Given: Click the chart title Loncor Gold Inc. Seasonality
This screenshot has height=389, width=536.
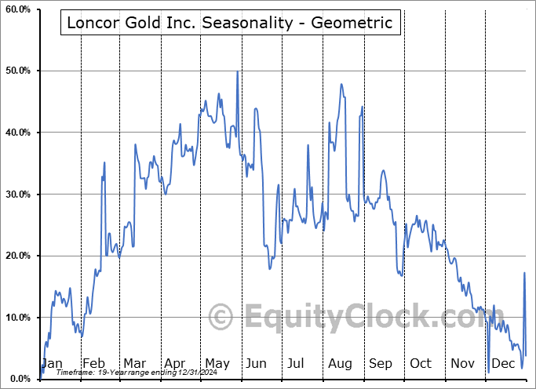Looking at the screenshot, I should click(x=230, y=22).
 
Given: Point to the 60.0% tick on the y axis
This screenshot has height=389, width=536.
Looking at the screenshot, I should click(x=17, y=9).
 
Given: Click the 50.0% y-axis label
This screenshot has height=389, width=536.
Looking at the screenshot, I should click(x=17, y=71).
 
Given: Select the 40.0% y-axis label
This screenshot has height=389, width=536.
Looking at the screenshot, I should click(x=17, y=133).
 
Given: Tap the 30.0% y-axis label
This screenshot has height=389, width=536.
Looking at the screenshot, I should click(x=17, y=194).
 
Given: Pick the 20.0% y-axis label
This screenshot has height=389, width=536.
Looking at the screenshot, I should click(x=17, y=256).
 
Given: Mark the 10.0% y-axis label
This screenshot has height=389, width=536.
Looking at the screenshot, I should click(x=17, y=318).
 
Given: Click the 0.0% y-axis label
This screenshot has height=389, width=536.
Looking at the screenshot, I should click(x=20, y=379).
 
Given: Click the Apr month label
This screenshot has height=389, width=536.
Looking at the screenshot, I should click(x=174, y=363).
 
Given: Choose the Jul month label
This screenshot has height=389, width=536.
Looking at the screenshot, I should click(x=297, y=363).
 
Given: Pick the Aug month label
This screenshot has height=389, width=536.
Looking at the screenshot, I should click(x=339, y=363).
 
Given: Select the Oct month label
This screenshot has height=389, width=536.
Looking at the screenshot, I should click(x=421, y=363).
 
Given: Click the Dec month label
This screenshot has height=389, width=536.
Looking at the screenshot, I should click(x=503, y=363).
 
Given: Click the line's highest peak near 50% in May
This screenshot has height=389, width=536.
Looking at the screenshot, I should click(x=237, y=72).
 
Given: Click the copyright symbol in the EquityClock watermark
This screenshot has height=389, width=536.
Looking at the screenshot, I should click(x=221, y=318).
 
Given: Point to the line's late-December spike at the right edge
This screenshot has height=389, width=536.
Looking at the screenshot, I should click(x=524, y=273).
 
